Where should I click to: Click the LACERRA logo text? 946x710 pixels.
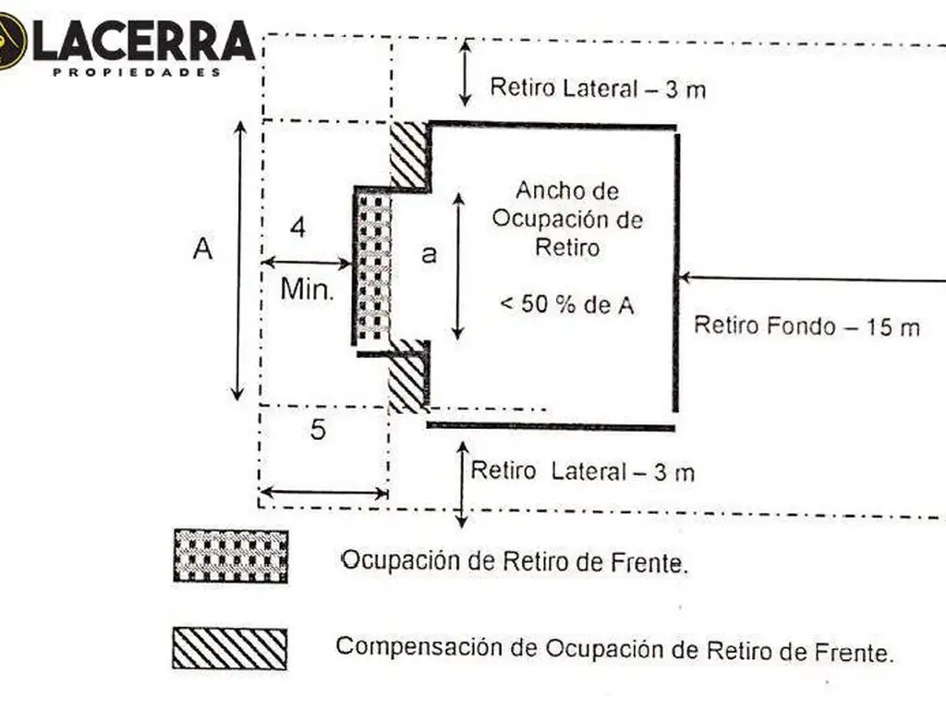[x=143, y=42]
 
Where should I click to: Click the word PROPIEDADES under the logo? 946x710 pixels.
[x=137, y=71]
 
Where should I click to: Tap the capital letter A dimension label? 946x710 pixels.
[x=202, y=249]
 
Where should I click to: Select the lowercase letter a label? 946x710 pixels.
[x=429, y=255]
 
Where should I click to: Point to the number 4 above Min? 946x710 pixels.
[x=298, y=227]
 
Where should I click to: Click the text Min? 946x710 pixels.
[x=306, y=289]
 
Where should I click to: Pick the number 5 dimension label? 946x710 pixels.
[x=318, y=430]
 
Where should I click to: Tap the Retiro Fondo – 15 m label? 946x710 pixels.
[x=807, y=325]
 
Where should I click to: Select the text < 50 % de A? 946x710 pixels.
[x=566, y=304]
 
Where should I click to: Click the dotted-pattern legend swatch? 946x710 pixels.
[x=230, y=556]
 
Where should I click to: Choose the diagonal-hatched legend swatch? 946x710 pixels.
[x=230, y=648]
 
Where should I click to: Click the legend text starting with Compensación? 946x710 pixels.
[x=614, y=649]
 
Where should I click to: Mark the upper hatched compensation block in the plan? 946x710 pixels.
[x=408, y=154]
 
